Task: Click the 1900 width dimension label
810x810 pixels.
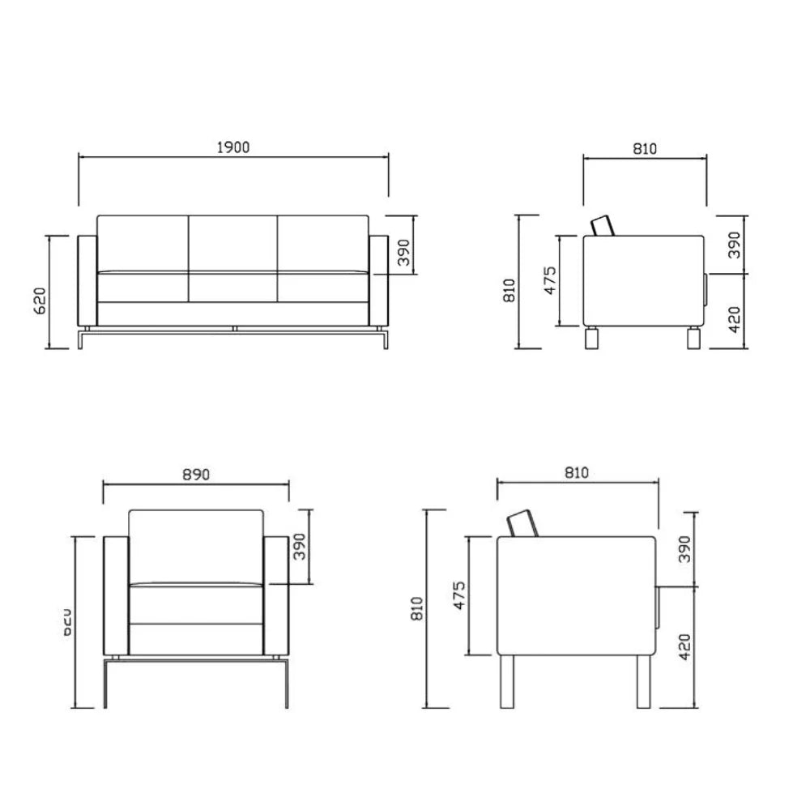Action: [x=233, y=147]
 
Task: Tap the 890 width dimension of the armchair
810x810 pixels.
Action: [x=195, y=475]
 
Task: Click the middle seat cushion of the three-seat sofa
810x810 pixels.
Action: [x=233, y=288]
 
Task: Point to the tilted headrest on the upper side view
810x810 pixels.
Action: [x=603, y=226]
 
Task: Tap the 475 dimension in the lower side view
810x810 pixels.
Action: [x=459, y=595]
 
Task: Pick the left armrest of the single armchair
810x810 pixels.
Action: [x=117, y=595]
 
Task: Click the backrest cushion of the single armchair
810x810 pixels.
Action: [x=196, y=545]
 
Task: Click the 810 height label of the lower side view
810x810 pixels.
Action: [x=417, y=608]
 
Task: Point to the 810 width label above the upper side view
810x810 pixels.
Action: [x=645, y=148]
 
